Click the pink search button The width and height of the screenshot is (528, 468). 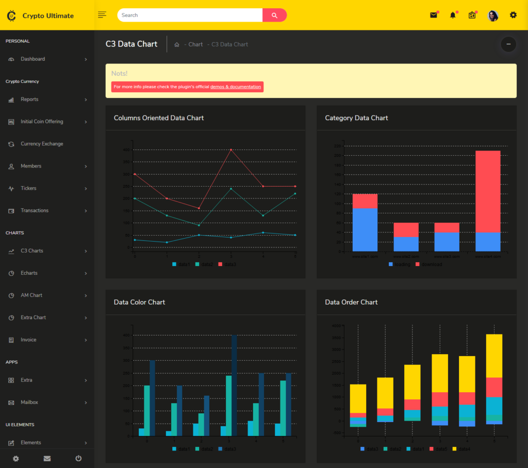tap(274, 15)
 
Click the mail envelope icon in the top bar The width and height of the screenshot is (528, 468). tap(433, 15)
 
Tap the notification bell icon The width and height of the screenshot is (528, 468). tap(453, 15)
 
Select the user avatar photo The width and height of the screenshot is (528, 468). tap(493, 15)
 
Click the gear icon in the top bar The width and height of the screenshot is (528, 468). tap(513, 15)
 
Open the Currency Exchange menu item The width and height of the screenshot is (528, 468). tap(42, 144)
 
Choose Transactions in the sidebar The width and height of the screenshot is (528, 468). tap(35, 210)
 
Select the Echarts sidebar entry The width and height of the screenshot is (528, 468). tap(29, 273)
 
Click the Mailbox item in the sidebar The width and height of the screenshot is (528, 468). tap(29, 403)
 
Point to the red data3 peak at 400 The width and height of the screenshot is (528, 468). tap(230, 149)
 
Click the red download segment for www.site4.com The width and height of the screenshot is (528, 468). tap(488, 191)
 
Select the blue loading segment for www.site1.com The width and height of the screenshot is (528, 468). tap(365, 229)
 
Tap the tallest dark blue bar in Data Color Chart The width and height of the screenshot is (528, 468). tap(234, 385)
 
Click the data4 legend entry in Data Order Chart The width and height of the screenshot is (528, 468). tap(463, 449)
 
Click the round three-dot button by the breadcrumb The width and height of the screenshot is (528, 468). tap(508, 44)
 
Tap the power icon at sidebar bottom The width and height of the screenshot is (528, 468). tap(78, 458)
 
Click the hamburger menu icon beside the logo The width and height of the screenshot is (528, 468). tap(102, 15)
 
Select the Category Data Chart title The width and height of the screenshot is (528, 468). tap(356, 118)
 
